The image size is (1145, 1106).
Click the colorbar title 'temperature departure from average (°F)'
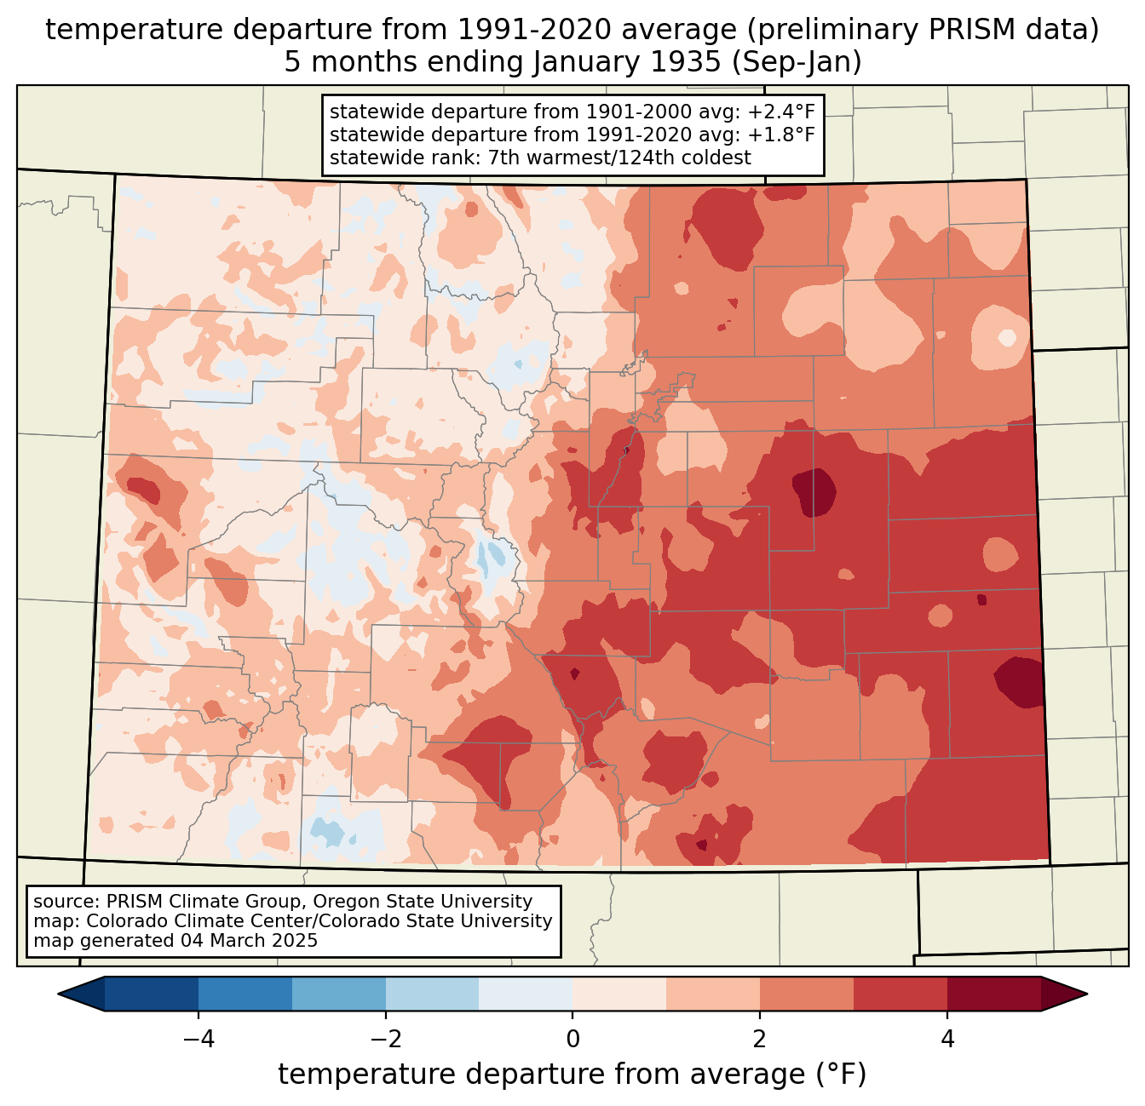click(x=572, y=1074)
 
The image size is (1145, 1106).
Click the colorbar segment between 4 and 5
click(x=993, y=994)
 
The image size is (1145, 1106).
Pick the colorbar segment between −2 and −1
click(x=432, y=994)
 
